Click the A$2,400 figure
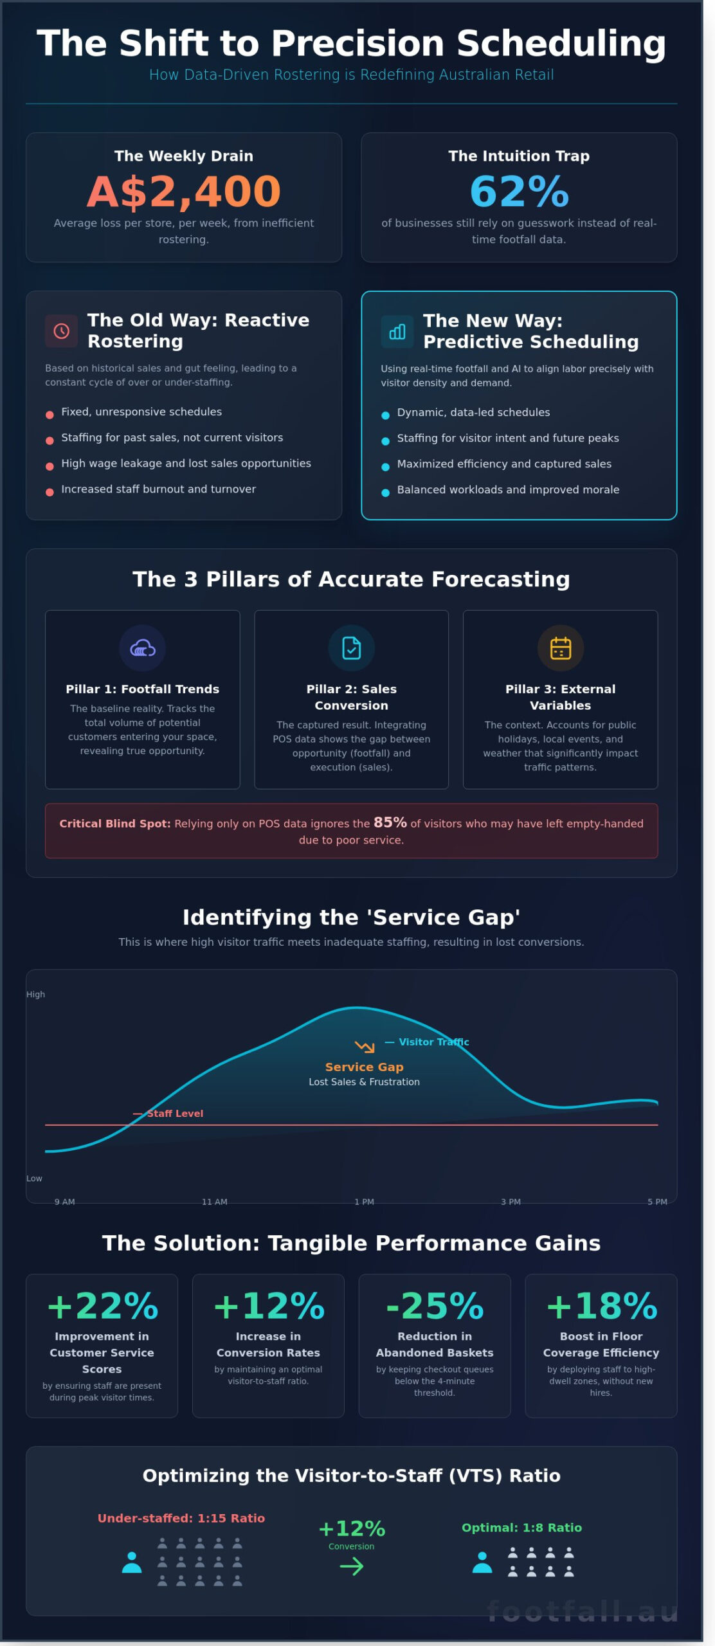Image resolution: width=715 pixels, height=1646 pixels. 184,192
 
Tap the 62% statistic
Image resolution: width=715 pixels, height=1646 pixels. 519,192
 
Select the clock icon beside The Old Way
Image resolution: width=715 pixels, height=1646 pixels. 61,331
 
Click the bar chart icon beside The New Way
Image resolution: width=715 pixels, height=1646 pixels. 397,332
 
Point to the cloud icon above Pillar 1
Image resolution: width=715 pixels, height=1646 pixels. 142,648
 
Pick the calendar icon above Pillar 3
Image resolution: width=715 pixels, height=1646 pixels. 560,648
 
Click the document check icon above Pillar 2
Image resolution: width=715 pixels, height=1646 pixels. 351,648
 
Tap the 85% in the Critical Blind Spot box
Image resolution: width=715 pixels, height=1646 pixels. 390,822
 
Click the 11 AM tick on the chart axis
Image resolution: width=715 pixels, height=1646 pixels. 214,1202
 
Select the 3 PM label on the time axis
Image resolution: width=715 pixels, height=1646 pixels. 511,1202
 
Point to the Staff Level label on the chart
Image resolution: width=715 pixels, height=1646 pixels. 174,1114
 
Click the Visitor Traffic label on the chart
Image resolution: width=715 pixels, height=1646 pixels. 433,1042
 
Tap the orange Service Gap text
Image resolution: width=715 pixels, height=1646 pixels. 364,1067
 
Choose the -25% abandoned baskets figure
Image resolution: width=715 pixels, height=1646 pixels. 435,1307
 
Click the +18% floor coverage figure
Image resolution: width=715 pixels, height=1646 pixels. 601,1307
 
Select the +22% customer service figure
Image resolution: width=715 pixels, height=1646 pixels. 102,1307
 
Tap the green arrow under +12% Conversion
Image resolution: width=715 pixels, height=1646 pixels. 351,1567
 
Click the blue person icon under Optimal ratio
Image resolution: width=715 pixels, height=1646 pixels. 482,1562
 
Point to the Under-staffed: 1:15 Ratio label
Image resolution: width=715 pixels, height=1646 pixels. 181,1518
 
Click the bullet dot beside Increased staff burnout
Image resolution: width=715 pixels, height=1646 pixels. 50,493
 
